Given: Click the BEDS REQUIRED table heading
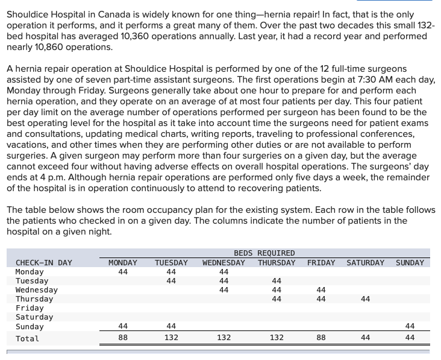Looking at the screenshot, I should coord(264,253).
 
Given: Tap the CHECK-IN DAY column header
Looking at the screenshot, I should coord(43,262).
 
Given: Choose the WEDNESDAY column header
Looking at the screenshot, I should coord(224,262).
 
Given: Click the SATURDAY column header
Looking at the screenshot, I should coord(365,262).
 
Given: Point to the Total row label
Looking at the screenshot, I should coord(27,338).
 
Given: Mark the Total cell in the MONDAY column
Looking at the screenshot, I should coord(123,338).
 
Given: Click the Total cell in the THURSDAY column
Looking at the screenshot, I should coord(277,338).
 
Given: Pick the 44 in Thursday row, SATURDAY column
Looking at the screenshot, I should coord(365,299).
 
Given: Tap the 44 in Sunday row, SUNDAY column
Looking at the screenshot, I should coord(410,326).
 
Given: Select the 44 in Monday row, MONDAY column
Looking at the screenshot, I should coord(123,272).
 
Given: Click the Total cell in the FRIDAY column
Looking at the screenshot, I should coord(321,338).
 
